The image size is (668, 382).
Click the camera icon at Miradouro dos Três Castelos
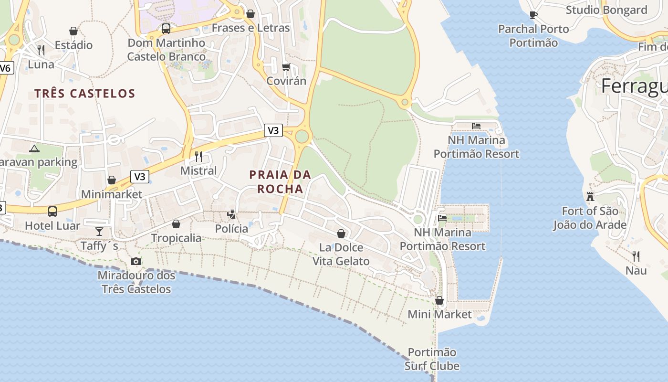(136, 261)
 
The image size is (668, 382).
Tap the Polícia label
(231, 229)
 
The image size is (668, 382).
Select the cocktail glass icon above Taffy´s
(99, 232)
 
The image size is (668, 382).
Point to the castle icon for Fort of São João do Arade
(590, 196)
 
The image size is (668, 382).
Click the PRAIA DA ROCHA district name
(280, 182)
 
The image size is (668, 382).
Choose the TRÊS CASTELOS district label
(84, 93)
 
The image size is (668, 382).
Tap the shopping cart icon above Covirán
(286, 67)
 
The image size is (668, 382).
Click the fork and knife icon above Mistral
(198, 156)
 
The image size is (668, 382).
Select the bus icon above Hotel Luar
(52, 211)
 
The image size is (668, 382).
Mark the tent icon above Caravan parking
(34, 148)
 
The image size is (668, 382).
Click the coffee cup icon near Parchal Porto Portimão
(533, 15)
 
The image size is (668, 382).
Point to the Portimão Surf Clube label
(432, 359)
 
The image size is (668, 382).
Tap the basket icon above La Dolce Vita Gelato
(341, 233)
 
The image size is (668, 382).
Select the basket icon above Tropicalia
(176, 224)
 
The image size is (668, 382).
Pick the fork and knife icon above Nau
(636, 256)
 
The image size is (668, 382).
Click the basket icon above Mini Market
(439, 300)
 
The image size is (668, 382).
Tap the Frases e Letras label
(250, 28)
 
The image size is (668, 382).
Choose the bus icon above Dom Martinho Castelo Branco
(166, 29)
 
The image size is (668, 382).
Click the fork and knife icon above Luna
(41, 50)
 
